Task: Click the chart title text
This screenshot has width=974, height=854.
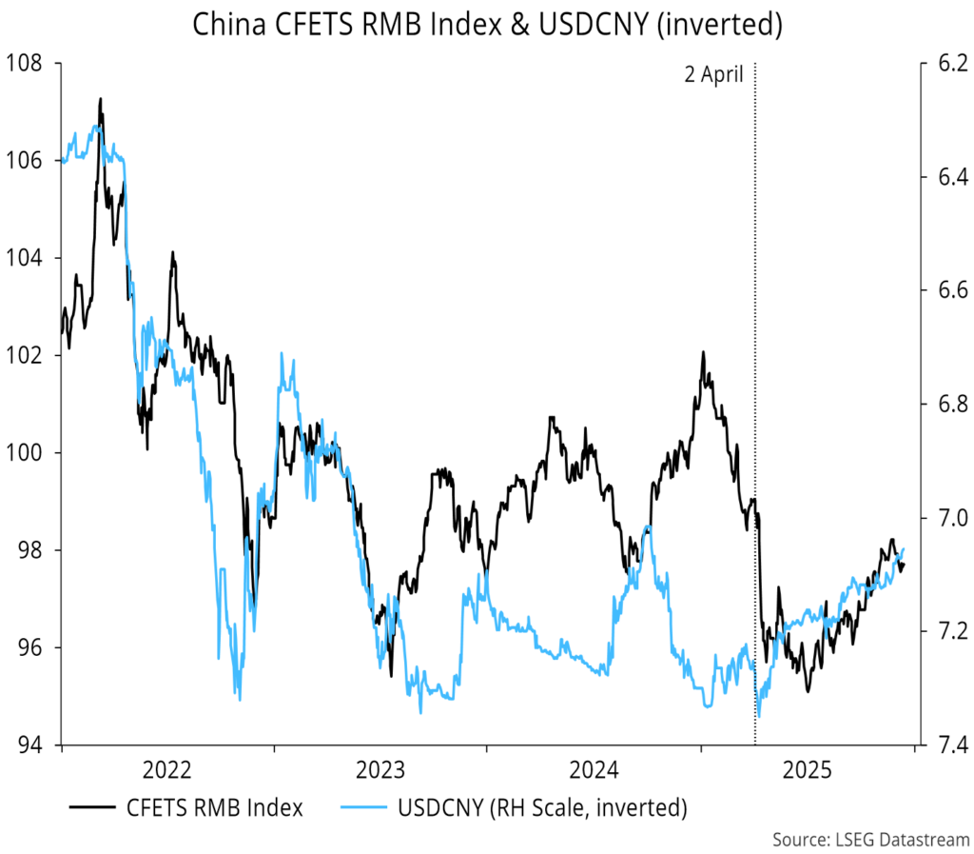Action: [487, 25]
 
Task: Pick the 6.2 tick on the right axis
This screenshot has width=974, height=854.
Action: [942, 64]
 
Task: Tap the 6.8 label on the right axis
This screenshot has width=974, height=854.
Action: [942, 405]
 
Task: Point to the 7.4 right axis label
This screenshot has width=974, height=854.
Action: [942, 744]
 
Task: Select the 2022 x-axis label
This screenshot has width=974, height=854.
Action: [168, 769]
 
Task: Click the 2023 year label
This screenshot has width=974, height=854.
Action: [380, 769]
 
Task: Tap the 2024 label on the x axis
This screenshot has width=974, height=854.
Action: [594, 769]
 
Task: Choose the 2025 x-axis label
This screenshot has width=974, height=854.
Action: [807, 769]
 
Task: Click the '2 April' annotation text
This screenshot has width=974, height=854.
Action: [714, 75]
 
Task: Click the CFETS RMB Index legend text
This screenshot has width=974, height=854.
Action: [215, 808]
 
